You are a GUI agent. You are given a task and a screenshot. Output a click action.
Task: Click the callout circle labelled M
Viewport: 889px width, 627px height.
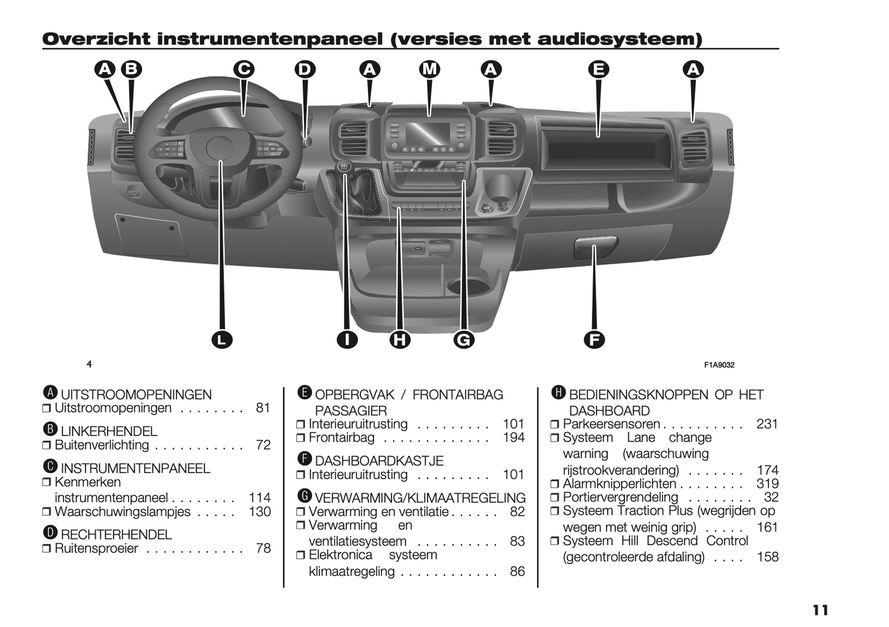coord(429,69)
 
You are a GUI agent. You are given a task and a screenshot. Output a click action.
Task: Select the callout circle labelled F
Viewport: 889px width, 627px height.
coord(594,339)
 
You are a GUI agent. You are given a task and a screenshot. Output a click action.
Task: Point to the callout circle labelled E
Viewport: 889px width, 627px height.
coord(598,69)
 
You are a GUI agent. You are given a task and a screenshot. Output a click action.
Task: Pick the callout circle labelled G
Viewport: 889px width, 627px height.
coord(464,339)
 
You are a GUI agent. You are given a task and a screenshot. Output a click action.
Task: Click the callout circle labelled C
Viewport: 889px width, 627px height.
coord(244,69)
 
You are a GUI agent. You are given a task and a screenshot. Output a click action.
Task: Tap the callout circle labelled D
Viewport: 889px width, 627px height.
coord(305,69)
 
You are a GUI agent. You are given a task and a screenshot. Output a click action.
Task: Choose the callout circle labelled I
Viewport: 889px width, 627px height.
coord(348,339)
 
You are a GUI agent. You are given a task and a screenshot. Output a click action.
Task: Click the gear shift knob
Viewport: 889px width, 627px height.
coord(345,167)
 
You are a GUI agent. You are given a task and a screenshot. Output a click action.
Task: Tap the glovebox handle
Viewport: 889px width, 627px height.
coord(595,246)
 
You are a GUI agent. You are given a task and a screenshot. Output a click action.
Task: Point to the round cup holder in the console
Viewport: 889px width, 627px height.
coord(466,286)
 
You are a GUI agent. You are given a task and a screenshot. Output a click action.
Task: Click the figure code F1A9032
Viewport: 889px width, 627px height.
coord(719,365)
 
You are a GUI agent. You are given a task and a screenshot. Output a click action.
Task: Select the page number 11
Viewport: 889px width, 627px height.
coord(820,610)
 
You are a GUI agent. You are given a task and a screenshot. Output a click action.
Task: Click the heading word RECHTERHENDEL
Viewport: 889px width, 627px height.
coord(116,535)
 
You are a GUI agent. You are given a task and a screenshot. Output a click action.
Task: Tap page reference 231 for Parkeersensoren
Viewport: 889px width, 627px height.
coord(767,424)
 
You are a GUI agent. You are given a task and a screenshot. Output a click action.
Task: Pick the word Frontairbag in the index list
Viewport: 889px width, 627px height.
coord(341,438)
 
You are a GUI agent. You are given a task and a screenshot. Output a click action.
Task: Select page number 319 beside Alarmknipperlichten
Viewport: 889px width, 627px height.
coord(767,483)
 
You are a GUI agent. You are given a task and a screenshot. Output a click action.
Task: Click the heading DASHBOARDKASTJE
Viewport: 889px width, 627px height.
coord(379,461)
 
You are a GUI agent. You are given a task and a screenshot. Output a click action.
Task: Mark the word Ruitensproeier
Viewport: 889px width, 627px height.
coord(97,548)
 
